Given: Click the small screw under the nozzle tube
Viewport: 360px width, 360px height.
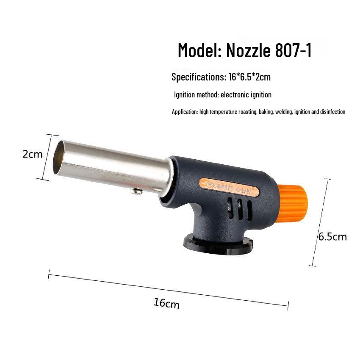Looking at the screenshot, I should (136, 191).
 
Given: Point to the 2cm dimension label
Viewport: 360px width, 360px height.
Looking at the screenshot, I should (32, 154).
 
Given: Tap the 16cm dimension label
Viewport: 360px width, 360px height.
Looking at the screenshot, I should (166, 303).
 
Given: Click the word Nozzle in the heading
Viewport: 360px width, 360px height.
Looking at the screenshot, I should (248, 50).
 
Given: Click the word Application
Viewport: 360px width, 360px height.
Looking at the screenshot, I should (185, 112).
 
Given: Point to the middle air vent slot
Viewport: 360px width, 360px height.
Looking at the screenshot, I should (240, 207).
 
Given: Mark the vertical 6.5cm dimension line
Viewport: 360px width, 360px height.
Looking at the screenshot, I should (320, 222).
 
